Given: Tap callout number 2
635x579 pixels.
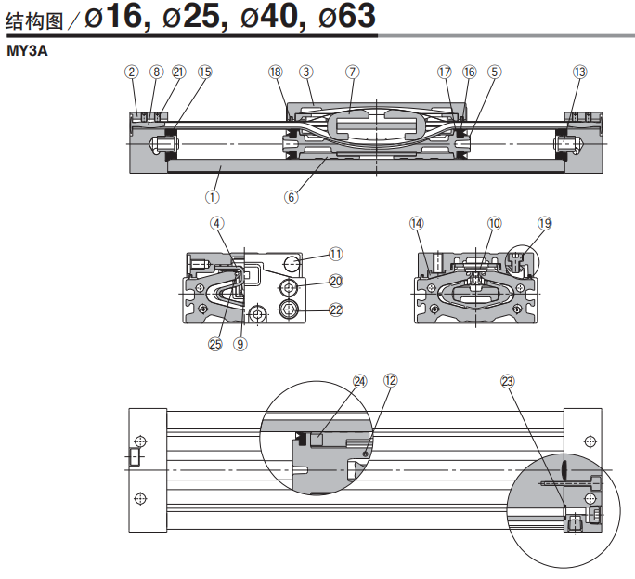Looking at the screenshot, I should pos(132,72).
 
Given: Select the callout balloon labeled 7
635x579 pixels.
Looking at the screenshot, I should pos(352,72).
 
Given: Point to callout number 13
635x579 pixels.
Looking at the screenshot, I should pos(580,72).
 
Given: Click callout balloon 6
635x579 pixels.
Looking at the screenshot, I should pos(292,196).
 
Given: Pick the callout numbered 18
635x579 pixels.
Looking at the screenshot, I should pos(275,72).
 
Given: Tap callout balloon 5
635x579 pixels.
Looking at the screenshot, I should pos(494,72).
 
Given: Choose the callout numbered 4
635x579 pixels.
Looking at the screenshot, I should pos(216,223).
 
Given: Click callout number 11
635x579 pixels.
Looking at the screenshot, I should pos(335,253).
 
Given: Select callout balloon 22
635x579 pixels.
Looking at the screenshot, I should pos(335,309).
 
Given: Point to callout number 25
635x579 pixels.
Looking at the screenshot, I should pos(215,343).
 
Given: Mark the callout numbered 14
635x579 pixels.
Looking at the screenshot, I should pos(416,223).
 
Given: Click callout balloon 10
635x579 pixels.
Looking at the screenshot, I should pos(494,223).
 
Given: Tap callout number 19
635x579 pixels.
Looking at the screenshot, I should pos(544,223).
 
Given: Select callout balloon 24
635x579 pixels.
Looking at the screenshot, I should pos(360,380).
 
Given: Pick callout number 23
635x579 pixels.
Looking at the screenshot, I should pos(507,380).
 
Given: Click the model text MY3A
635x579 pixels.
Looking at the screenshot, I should pos(27,52).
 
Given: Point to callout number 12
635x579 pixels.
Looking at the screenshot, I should pos(390,380).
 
